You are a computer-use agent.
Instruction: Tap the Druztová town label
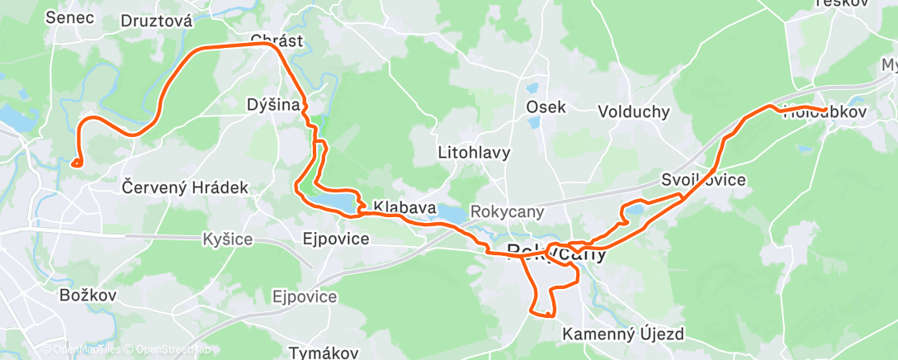click(156, 21)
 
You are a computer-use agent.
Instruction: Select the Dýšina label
click(272, 105)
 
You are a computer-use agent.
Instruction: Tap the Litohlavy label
click(475, 153)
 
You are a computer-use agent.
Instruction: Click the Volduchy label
click(633, 111)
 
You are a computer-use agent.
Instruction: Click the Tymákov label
click(324, 353)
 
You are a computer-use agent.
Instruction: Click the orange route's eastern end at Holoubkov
click(826, 109)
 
